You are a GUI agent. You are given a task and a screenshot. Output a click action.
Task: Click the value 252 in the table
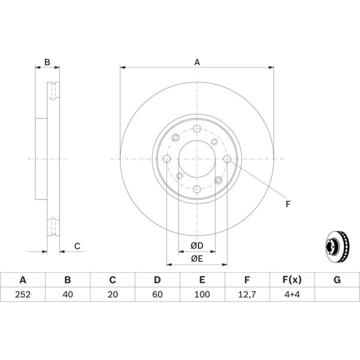(23, 294)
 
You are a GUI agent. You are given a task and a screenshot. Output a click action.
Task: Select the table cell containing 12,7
(247, 294)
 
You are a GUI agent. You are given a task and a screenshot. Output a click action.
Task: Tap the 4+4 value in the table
(292, 294)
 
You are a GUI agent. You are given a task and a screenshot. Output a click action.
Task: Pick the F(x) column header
(292, 280)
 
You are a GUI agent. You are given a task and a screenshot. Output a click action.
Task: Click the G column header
(337, 280)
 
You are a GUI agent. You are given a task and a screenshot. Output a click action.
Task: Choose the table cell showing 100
(202, 294)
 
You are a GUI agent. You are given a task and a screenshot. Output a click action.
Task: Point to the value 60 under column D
(158, 294)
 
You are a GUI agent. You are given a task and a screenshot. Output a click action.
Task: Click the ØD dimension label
(197, 246)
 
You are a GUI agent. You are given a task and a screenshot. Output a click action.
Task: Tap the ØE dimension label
(197, 259)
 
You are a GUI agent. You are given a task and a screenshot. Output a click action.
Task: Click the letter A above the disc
(197, 62)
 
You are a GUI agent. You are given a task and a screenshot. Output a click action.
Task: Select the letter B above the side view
(47, 62)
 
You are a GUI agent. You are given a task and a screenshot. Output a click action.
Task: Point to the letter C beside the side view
(77, 246)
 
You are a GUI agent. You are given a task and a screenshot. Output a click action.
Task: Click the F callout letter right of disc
(288, 204)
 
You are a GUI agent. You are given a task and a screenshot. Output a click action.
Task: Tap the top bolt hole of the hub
(197, 129)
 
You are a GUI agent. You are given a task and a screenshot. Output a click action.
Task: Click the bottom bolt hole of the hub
(197, 189)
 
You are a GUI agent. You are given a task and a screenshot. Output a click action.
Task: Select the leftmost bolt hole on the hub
(167, 159)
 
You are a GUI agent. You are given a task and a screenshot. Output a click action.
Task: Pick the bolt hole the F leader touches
(227, 159)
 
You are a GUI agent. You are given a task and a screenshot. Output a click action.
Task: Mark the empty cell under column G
(337, 294)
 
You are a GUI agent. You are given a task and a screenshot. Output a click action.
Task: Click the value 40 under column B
(68, 294)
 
